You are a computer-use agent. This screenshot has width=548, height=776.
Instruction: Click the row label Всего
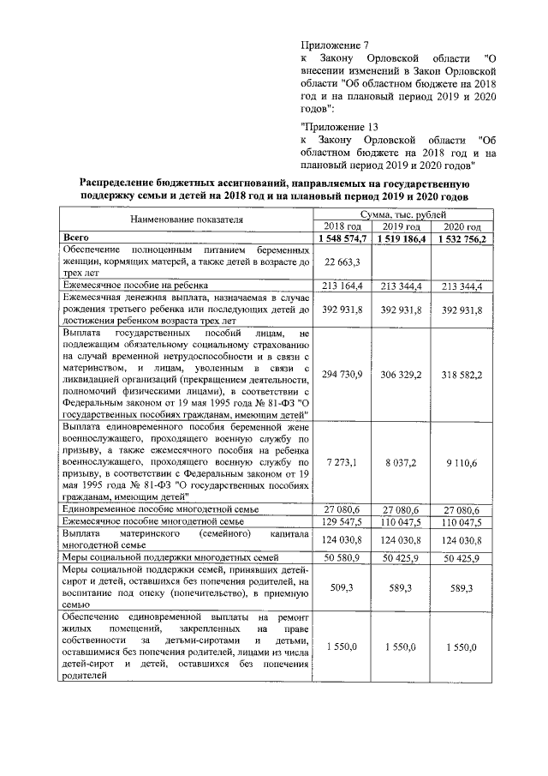(77, 238)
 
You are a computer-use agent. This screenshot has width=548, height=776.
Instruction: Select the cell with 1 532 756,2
(463, 238)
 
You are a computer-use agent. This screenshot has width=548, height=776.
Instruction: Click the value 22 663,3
(341, 261)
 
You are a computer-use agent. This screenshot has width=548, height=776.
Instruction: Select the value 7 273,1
(341, 461)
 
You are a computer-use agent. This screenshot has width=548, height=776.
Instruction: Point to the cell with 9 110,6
(463, 461)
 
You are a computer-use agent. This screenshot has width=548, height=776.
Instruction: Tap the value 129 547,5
(341, 520)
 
